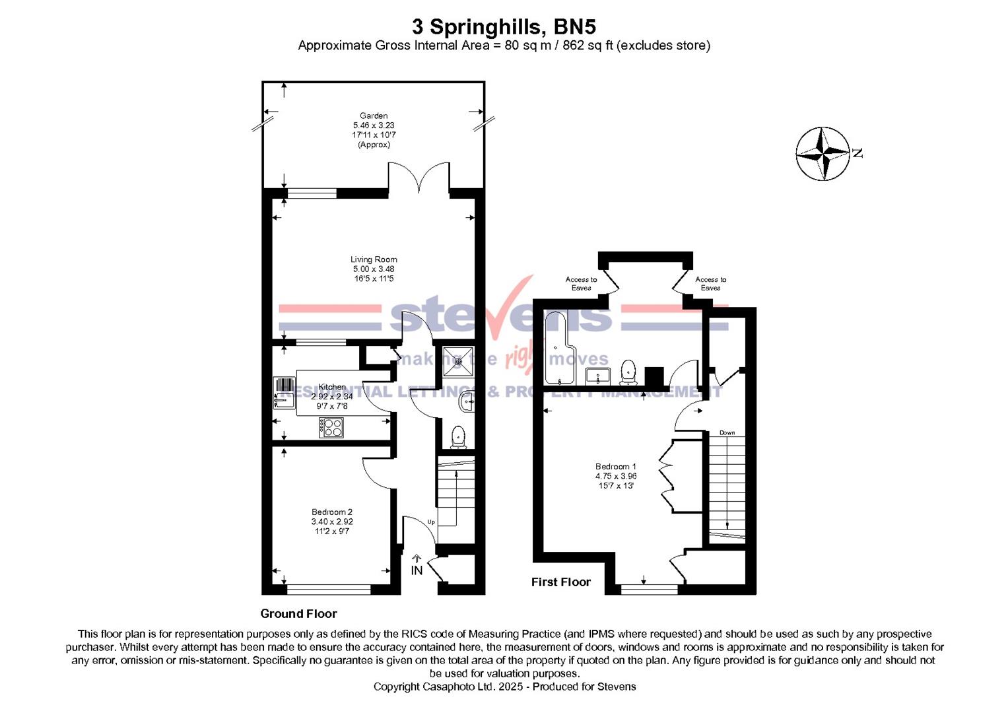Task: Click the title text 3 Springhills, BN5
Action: (x=504, y=27)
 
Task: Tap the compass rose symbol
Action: (x=823, y=154)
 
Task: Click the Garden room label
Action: (x=374, y=116)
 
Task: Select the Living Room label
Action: (x=374, y=259)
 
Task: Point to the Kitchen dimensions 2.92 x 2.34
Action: (x=332, y=397)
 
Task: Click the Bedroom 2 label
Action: (x=332, y=512)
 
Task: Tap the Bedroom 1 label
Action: (x=615, y=466)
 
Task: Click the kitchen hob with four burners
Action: (x=332, y=427)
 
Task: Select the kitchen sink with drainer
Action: (x=285, y=393)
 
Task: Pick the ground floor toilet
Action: (x=457, y=436)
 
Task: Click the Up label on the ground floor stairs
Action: (x=431, y=522)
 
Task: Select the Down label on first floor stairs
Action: (x=727, y=433)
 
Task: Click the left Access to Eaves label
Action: (x=581, y=283)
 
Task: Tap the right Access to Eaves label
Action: (x=710, y=283)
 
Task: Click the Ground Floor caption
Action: (x=298, y=613)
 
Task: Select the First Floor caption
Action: (x=560, y=582)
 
